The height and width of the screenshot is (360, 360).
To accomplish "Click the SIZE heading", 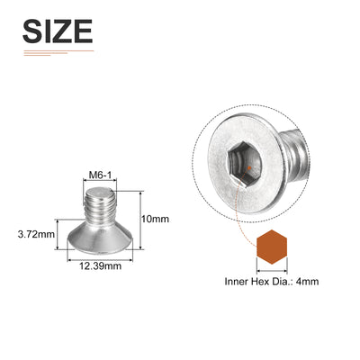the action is [58, 31].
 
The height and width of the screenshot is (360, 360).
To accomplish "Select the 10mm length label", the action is [155, 219].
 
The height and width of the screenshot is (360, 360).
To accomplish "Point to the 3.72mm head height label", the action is [36, 234].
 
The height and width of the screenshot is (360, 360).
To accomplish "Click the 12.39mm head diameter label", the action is [100, 265].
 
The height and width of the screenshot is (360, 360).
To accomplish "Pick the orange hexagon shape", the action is [272, 247].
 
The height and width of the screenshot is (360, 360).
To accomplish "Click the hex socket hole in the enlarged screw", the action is [244, 165].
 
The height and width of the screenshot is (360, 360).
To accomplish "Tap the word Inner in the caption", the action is [237, 282].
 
